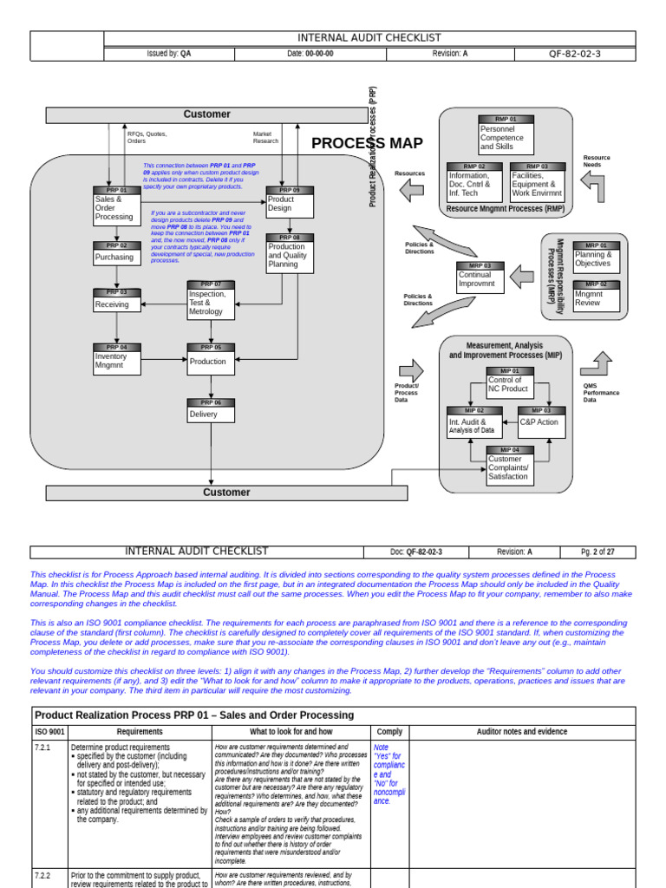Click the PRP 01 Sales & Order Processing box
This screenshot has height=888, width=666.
click(x=116, y=207)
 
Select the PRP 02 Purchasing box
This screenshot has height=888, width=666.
click(x=116, y=253)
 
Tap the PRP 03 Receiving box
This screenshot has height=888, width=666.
click(x=116, y=301)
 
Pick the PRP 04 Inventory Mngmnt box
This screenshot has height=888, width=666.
click(x=116, y=359)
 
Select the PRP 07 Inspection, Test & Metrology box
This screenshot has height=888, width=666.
click(x=211, y=299)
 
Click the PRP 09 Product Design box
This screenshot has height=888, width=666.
click(x=290, y=205)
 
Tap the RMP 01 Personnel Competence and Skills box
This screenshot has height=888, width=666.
click(x=506, y=135)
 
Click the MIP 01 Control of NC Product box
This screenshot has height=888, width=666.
click(x=510, y=382)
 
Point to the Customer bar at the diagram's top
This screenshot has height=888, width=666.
click(x=206, y=114)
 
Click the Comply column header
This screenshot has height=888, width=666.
click(x=389, y=732)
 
